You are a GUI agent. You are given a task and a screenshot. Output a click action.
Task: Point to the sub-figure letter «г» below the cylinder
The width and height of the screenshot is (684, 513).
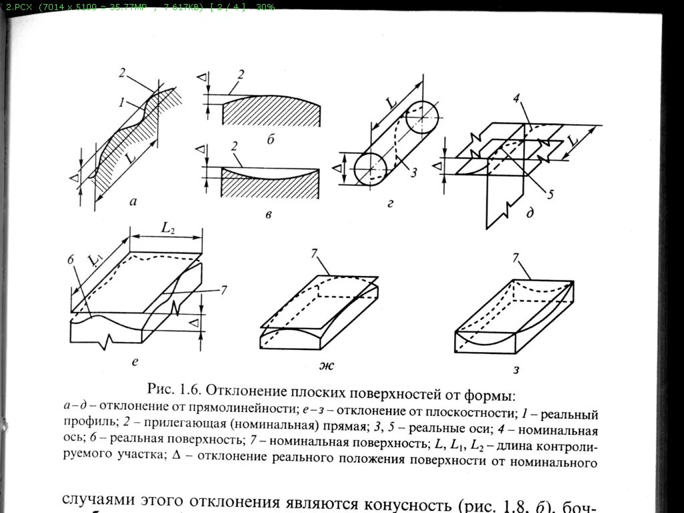click(x=389, y=202)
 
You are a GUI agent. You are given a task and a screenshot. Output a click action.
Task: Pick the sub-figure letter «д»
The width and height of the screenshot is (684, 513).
click(x=529, y=213)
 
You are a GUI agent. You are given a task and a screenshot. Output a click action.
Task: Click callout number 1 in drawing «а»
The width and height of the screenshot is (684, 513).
click(x=122, y=104)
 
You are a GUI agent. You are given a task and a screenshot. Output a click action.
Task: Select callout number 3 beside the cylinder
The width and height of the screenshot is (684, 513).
click(x=413, y=173)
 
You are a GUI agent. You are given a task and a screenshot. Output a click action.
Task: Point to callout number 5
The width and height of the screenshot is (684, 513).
click(x=550, y=195)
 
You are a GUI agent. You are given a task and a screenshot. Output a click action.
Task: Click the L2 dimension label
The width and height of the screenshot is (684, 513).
click(x=167, y=227)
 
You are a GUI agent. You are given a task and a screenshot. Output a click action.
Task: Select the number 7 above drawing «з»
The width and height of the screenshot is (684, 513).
click(x=514, y=258)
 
